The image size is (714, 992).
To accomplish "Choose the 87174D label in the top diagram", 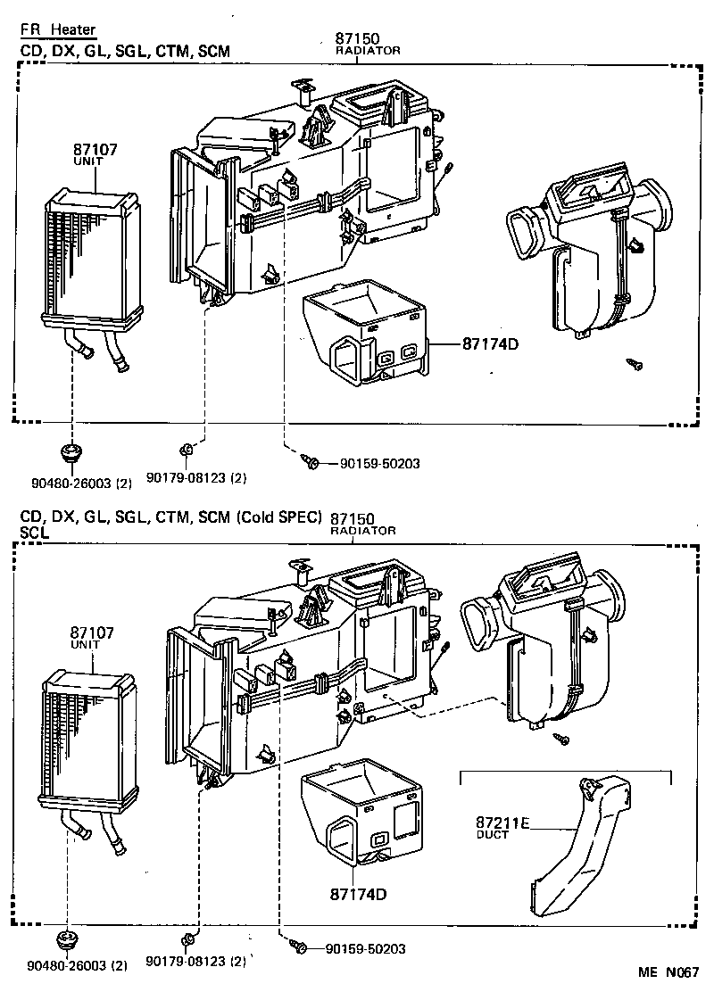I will coord(491,343).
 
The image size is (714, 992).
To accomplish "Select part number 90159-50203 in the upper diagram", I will coord(379,463).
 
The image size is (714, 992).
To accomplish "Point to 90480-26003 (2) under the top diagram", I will coord(80,483).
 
